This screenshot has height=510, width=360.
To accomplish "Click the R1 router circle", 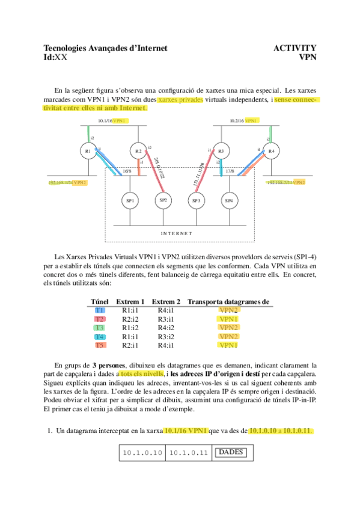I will click(88, 150).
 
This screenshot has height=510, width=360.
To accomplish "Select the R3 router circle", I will click(221, 150).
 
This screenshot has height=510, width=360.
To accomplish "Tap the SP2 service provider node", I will click(162, 200).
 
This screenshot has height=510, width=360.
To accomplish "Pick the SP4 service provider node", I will click(229, 200).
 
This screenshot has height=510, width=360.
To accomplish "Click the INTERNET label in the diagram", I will click(176, 233).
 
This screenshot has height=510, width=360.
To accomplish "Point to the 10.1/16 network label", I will click(105, 121).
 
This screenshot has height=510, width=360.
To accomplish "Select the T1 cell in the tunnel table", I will click(100, 310).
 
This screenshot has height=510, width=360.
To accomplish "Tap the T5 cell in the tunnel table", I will click(100, 345).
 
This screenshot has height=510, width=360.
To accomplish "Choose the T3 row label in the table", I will click(100, 328).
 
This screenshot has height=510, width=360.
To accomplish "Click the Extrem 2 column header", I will click(166, 301).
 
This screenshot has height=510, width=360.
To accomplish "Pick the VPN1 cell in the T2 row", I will click(228, 319).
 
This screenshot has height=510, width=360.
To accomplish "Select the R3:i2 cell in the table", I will click(166, 337).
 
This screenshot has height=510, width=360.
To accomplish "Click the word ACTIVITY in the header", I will click(294, 48).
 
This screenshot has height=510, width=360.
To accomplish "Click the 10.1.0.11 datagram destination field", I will click(186, 452).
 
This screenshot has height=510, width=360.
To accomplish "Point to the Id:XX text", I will click(55, 57).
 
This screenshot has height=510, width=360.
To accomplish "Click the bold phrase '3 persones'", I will click(108, 365).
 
